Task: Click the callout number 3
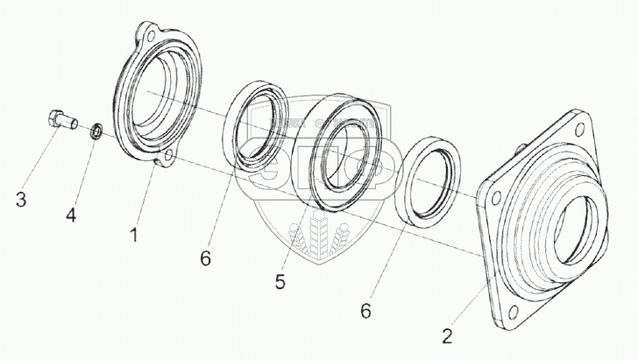[21, 201]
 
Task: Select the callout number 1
[134, 235]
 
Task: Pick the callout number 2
[448, 336]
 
